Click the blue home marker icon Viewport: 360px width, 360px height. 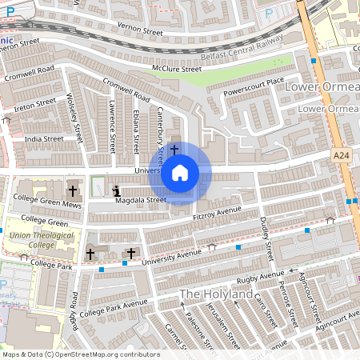(x=180, y=172)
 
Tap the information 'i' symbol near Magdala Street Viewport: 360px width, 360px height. (x=117, y=190)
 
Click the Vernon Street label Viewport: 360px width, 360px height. (x=140, y=32)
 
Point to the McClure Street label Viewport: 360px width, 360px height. (x=177, y=69)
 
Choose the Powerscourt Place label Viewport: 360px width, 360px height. (x=254, y=82)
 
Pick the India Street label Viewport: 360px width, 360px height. (x=43, y=138)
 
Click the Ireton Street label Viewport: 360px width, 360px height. (x=34, y=102)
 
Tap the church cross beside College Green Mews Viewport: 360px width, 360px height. (x=74, y=190)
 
